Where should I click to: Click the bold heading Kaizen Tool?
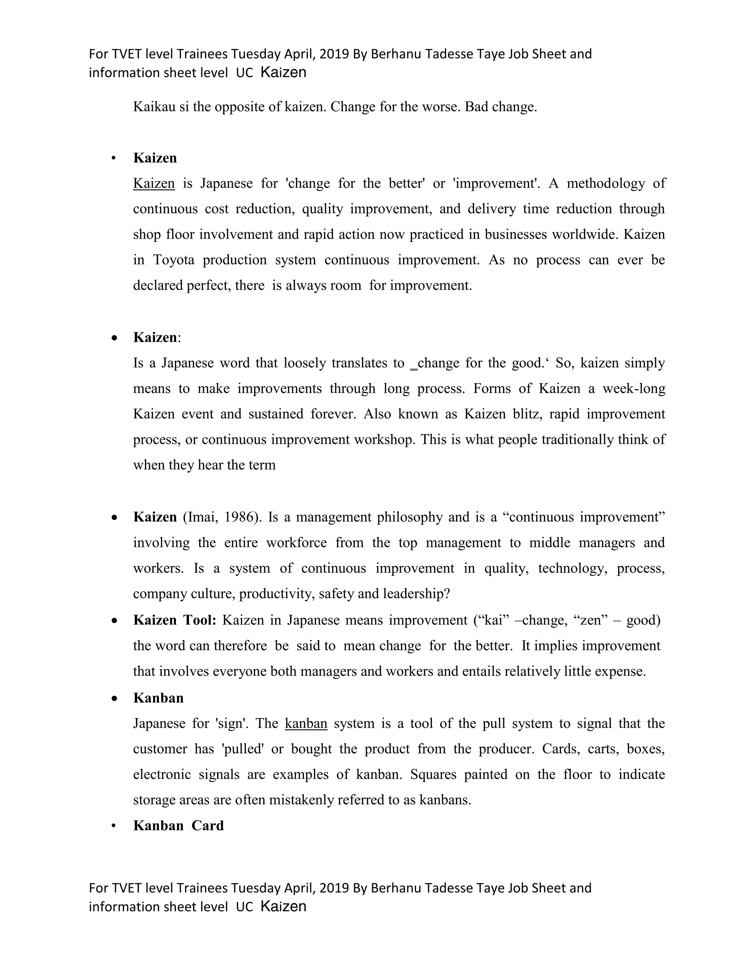tap(175, 620)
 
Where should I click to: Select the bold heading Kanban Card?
tap(178, 825)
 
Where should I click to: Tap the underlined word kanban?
tap(306, 723)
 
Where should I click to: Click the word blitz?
tap(528, 414)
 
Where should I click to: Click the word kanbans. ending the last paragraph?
tap(445, 800)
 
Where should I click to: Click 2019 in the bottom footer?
tap(334, 888)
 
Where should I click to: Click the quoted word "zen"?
tap(590, 620)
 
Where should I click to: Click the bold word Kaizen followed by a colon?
tap(155, 337)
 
